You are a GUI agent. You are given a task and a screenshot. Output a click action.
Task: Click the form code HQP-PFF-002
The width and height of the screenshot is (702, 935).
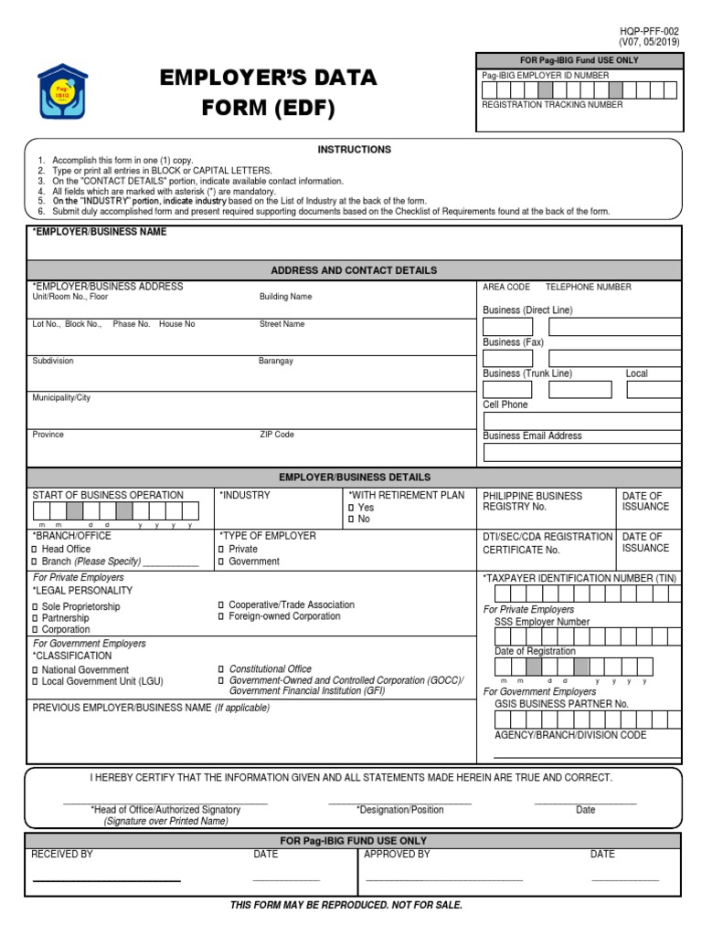click(650, 30)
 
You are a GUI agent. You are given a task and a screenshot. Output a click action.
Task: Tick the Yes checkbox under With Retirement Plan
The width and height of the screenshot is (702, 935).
click(351, 508)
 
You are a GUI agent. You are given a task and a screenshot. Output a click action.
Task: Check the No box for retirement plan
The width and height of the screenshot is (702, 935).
click(351, 520)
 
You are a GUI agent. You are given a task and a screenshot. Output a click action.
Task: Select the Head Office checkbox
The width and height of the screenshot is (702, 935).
click(36, 550)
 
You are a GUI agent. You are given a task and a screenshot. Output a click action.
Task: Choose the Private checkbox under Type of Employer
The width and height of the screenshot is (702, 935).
click(221, 550)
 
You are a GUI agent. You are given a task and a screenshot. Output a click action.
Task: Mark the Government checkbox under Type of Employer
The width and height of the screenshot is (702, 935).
click(221, 562)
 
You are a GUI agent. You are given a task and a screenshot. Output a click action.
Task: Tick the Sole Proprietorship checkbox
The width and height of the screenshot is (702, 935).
click(36, 607)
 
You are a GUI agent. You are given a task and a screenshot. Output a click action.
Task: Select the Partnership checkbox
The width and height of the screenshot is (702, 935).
click(36, 618)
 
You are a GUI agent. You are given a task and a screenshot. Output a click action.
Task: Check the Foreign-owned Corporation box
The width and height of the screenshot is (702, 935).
click(221, 616)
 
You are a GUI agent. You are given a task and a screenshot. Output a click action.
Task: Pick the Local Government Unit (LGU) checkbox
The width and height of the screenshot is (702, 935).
click(36, 681)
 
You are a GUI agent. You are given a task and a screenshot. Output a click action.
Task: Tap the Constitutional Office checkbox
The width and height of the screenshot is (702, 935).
click(221, 669)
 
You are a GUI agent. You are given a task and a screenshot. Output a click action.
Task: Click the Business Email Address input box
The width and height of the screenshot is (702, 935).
click(581, 452)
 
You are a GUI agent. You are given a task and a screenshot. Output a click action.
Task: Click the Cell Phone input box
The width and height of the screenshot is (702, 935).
click(581, 421)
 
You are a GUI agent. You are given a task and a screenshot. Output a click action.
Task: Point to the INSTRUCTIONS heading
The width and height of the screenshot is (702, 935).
click(354, 149)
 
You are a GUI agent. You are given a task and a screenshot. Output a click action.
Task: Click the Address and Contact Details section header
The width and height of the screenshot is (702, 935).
click(354, 270)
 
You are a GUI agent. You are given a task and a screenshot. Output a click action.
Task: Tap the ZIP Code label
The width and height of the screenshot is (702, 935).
click(277, 435)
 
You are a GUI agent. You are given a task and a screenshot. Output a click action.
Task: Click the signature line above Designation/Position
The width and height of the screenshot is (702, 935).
click(399, 801)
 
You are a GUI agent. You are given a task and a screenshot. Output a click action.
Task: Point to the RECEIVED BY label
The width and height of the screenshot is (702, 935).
click(62, 855)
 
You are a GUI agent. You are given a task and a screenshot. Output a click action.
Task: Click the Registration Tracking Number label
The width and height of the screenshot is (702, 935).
click(552, 105)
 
